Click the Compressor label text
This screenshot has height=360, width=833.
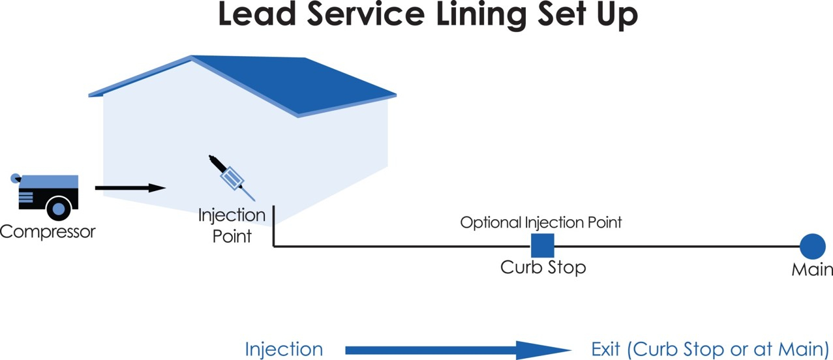pyautogui.click(x=48, y=232)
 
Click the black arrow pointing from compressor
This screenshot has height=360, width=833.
pyautogui.click(x=130, y=188)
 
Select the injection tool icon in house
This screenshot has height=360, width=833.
pyautogui.click(x=232, y=177)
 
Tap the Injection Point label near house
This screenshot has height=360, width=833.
pyautogui.click(x=232, y=225)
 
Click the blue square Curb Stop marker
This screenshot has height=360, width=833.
pyautogui.click(x=542, y=245)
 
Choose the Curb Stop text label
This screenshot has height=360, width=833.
pyautogui.click(x=543, y=267)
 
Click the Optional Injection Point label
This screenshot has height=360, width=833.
pyautogui.click(x=541, y=222)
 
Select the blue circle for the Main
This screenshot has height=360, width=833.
pyautogui.click(x=812, y=247)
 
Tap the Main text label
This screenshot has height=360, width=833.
pyautogui.click(x=812, y=269)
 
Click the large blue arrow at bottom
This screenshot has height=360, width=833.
pyautogui.click(x=457, y=350)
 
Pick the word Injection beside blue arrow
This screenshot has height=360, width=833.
pyautogui.click(x=284, y=350)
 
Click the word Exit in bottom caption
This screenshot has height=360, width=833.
pyautogui.click(x=606, y=349)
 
